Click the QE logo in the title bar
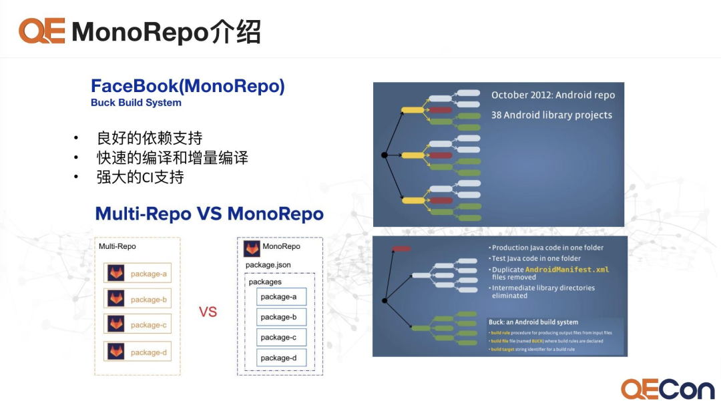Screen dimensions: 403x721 point(41,31)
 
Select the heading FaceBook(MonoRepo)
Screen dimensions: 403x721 point(188,86)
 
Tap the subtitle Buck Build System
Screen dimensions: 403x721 point(136,103)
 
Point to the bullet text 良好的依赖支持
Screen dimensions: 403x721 point(149,138)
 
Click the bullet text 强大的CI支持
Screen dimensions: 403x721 point(140,177)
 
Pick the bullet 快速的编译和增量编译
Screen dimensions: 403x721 point(172,157)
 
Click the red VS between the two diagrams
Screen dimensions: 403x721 point(208,312)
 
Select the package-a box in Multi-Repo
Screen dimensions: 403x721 point(138,274)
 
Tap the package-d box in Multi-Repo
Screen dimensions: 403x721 point(138,352)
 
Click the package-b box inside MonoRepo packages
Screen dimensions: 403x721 point(281,317)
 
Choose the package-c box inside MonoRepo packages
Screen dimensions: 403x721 point(281,337)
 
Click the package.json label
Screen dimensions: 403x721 point(268,265)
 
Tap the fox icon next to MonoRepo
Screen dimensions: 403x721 point(252,248)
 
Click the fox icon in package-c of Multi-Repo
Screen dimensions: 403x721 point(117,325)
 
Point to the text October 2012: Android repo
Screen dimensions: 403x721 point(553,95)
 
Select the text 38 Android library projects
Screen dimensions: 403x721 point(551,115)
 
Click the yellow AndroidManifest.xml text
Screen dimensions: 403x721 point(567,270)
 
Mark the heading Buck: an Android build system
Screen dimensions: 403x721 point(533,322)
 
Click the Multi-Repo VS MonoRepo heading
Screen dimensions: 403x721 point(209,214)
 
